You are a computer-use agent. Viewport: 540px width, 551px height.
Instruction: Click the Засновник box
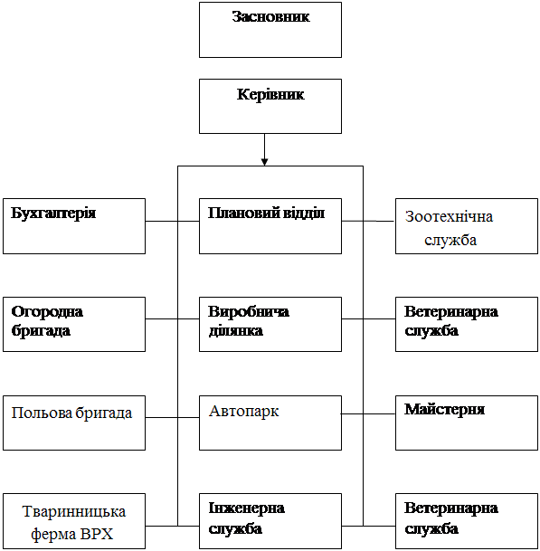[270, 30]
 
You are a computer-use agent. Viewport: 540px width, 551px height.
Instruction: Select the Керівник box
[270, 106]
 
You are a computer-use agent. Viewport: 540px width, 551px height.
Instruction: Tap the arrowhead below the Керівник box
[264, 162]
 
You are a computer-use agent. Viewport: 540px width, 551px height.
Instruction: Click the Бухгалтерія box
[74, 226]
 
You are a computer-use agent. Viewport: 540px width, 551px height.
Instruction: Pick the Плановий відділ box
[270, 226]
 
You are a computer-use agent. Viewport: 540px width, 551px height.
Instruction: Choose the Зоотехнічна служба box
[467, 226]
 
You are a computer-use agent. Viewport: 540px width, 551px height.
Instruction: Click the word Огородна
[47, 312]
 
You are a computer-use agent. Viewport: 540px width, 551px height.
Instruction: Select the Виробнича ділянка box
[270, 324]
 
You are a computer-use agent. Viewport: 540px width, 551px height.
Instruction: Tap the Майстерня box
[467, 423]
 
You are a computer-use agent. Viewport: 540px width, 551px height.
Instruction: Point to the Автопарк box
[270, 423]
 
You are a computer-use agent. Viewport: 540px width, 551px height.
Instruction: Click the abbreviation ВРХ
[97, 534]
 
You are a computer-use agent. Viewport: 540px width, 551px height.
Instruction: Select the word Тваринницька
[74, 512]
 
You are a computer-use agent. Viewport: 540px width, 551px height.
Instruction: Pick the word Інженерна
[246, 508]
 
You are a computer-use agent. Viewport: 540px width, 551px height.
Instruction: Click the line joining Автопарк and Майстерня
[368, 414]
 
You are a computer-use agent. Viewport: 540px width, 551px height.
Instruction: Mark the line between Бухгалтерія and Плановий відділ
[172, 221]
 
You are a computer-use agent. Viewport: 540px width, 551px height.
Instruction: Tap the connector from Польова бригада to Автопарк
[172, 417]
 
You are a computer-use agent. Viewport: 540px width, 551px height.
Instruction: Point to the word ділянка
[235, 331]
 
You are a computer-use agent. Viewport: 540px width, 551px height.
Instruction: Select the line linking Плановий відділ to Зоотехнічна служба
[368, 221]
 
